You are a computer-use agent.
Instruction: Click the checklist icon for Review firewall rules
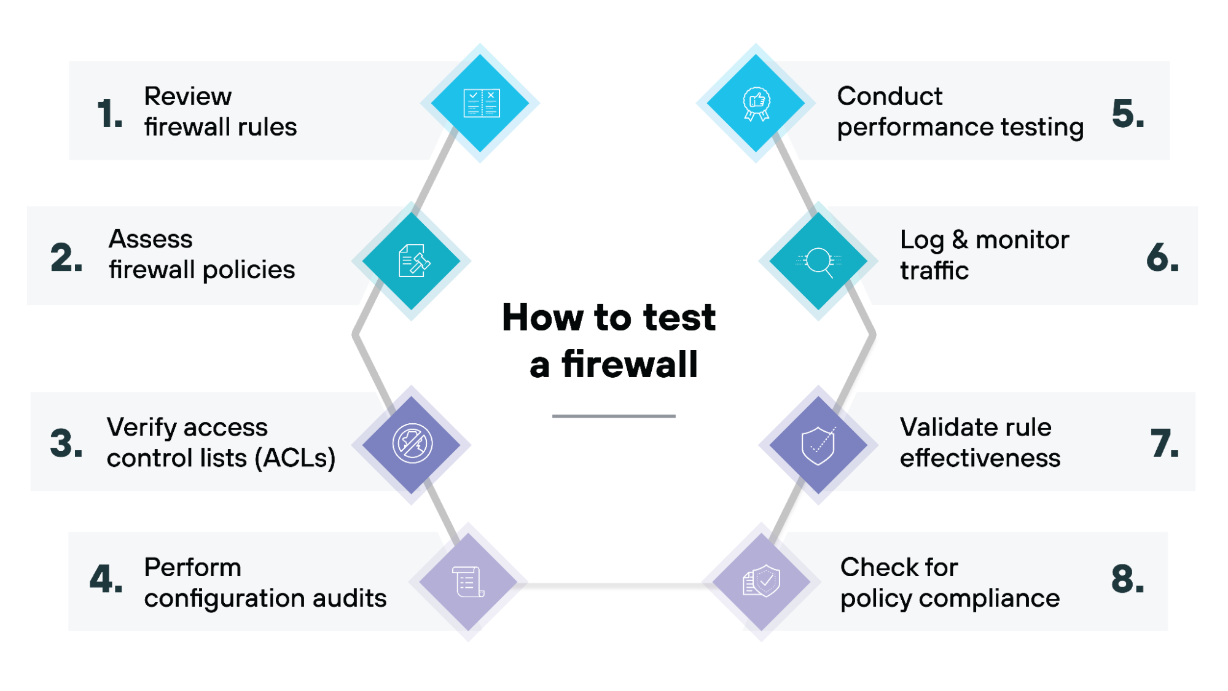481,103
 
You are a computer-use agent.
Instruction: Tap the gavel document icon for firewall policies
413,260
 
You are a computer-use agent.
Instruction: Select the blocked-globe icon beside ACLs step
412,443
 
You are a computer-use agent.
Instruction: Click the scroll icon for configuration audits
468,581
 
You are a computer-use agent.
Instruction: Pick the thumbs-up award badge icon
756,103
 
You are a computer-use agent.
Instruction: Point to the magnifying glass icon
819,261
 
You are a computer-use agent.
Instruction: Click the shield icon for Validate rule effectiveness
818,445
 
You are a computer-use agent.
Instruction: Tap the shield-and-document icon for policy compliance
762,581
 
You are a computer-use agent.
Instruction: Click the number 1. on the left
110,114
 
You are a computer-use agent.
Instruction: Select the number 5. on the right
1128,114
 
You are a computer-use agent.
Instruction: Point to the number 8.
1127,579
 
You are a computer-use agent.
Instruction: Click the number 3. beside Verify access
66,443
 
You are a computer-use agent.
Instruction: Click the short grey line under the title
613,416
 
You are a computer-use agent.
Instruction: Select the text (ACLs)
295,458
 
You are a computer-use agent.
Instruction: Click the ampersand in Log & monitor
960,240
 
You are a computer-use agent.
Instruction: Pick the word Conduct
889,96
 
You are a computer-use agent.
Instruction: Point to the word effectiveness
980,458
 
